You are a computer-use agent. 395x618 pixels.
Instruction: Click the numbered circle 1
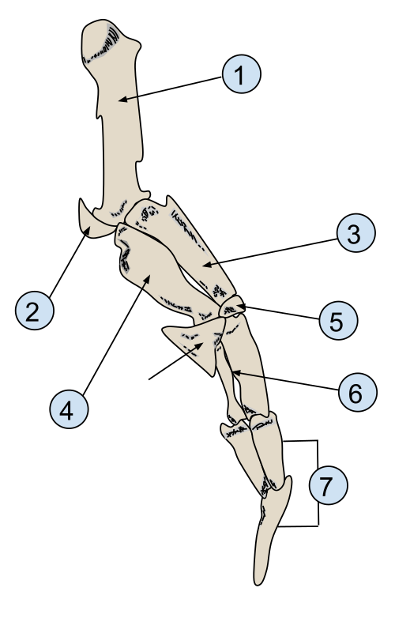click(x=242, y=74)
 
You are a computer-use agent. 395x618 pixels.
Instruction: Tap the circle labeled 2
click(x=35, y=311)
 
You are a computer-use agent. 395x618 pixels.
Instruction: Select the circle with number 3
click(x=356, y=233)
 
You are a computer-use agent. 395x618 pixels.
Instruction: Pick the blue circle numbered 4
click(x=69, y=409)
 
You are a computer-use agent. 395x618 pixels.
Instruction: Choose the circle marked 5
click(x=338, y=320)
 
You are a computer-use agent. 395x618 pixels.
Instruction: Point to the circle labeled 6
click(x=358, y=392)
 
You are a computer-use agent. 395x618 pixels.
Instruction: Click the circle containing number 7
click(x=329, y=485)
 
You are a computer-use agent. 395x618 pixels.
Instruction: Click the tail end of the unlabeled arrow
click(x=149, y=379)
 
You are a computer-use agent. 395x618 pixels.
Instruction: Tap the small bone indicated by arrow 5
click(x=232, y=307)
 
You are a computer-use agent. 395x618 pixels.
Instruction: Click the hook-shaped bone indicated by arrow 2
click(x=96, y=224)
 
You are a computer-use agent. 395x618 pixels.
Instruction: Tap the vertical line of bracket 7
click(x=318, y=483)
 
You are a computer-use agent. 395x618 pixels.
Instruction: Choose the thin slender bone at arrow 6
click(x=228, y=380)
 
